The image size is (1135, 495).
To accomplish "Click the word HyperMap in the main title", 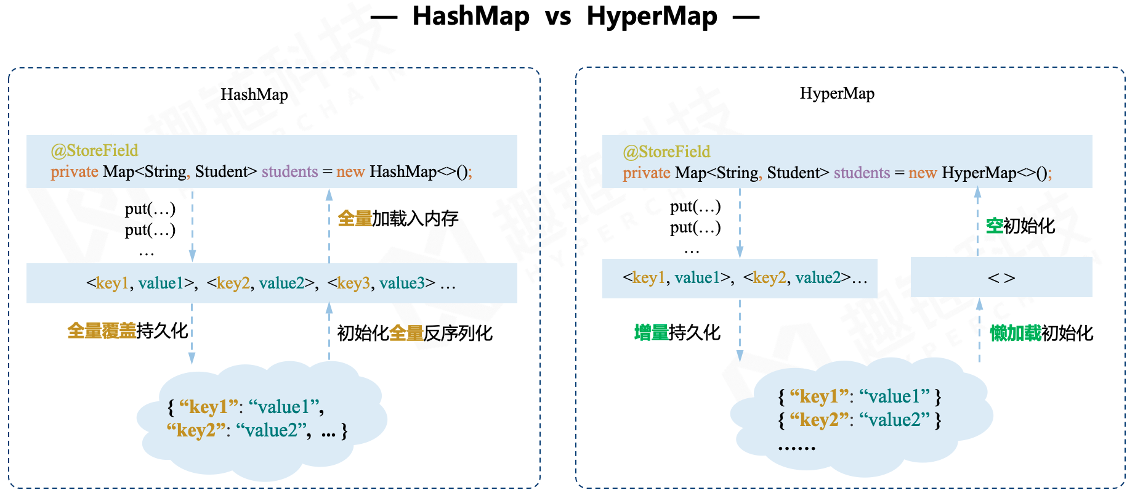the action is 652,17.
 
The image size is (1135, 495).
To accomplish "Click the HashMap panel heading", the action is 254,94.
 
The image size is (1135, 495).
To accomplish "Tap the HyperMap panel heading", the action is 837,94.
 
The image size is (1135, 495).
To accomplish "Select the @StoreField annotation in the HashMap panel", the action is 94,150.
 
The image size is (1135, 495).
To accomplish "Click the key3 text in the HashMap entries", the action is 354,284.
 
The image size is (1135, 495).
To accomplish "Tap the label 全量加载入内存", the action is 398,218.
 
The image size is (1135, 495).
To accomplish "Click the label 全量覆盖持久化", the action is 127,330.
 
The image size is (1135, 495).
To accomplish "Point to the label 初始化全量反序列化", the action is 414,333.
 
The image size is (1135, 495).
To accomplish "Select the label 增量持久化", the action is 677,333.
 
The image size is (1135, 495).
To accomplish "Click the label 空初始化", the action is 1020,226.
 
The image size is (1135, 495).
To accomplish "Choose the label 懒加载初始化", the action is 1041,333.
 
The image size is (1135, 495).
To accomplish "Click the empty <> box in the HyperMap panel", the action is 1001,278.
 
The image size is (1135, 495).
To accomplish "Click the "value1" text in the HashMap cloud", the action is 283,407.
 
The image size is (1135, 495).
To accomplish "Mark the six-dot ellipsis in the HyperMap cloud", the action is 796,448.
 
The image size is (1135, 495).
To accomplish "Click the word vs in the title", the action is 558,17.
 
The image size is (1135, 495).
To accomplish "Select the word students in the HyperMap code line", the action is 862,173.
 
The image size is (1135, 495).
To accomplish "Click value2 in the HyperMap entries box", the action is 818,278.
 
